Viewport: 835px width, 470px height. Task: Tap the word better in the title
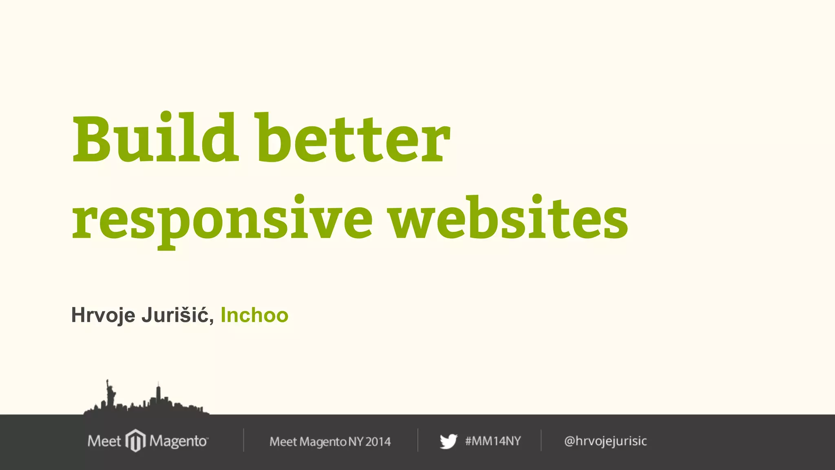[x=353, y=139]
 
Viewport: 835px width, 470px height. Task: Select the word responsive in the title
[x=222, y=218]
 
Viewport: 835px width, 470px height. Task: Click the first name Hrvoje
[x=103, y=315]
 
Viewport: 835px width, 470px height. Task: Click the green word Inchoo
[x=254, y=315]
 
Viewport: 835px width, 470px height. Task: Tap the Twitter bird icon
[x=448, y=441]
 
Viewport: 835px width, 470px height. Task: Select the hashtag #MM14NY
[x=493, y=441]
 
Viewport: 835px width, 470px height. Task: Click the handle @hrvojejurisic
[x=605, y=441]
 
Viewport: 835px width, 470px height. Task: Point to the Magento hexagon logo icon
[x=135, y=441]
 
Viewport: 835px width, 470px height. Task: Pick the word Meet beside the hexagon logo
[x=104, y=441]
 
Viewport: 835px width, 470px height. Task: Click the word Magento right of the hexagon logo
[x=179, y=441]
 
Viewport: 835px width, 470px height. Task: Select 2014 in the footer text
[x=378, y=441]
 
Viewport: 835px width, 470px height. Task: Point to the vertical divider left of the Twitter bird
[x=418, y=440]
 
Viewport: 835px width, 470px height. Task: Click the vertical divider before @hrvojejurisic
[x=541, y=440]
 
